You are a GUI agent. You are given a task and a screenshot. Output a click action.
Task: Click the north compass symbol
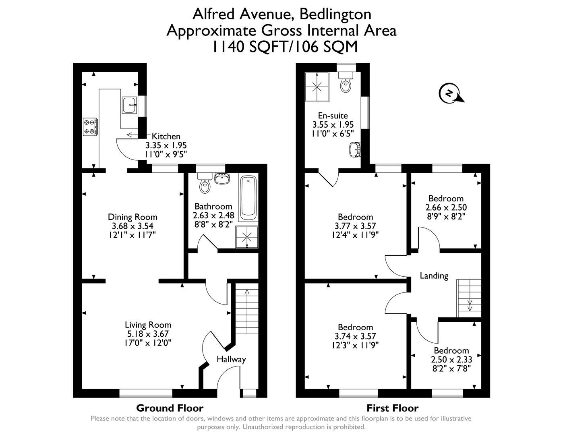point(449,93)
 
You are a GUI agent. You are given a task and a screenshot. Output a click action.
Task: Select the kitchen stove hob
point(91,126)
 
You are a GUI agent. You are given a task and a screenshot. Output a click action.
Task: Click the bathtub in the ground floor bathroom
point(249,198)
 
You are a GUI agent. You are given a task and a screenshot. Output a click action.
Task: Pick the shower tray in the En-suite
point(317,87)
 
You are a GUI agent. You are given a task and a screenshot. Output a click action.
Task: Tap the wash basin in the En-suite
point(354,149)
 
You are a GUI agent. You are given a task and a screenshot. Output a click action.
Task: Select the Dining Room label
point(132,217)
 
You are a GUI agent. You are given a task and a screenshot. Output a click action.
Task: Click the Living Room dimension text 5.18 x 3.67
point(147,334)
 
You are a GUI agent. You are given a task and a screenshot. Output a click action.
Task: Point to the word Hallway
point(231,359)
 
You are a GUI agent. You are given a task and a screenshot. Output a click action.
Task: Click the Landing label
point(434,276)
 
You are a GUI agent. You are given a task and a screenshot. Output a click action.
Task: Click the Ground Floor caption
point(170,408)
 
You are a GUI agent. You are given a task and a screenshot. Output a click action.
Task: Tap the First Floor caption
point(392,408)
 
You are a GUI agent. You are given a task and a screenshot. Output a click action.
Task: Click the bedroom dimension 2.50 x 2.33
point(451,359)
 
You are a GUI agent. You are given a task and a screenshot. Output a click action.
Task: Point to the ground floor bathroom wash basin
point(222,178)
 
